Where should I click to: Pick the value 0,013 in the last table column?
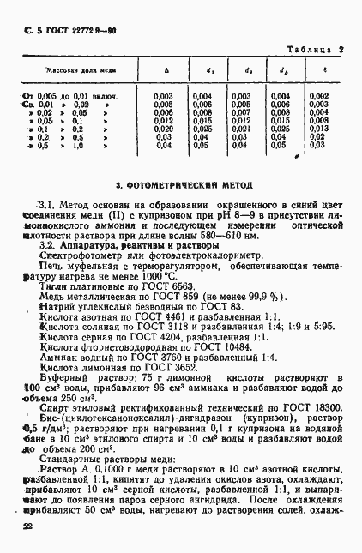click(x=317, y=128)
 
